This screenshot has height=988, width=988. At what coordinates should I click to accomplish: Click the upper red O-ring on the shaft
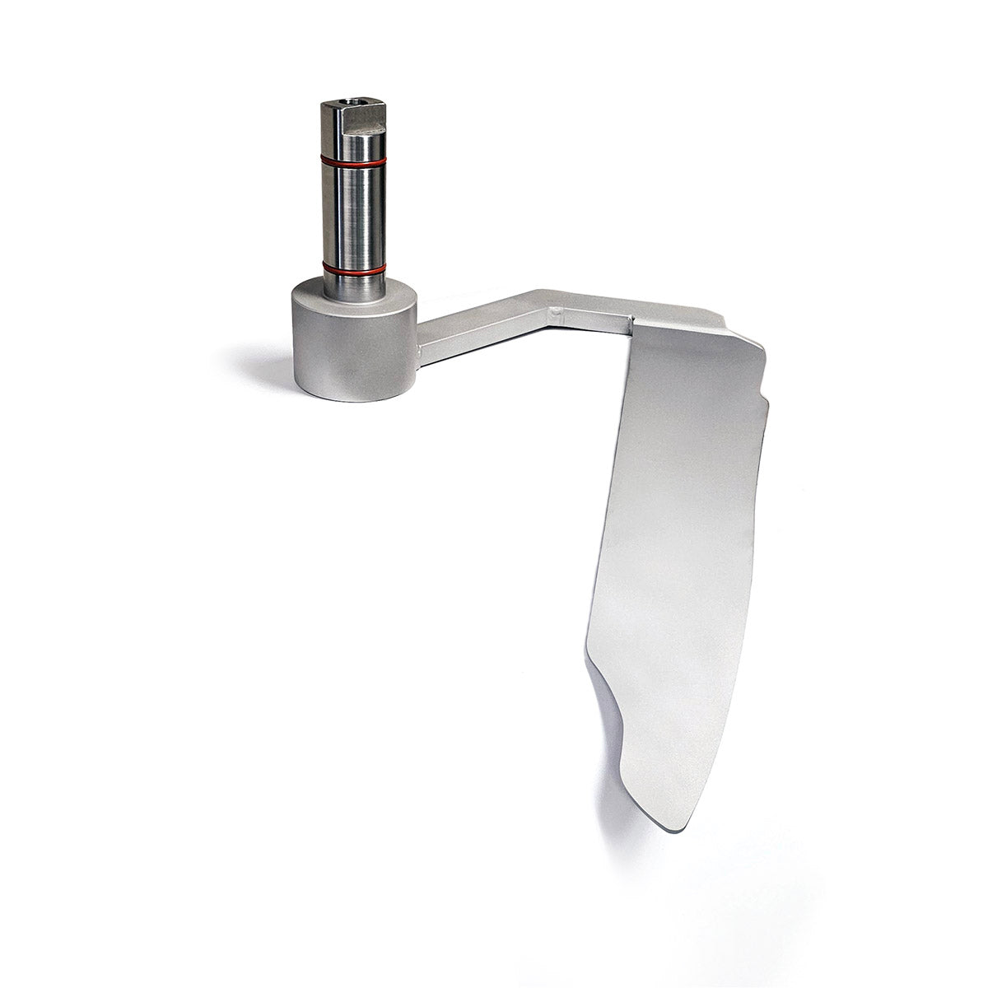click(352, 161)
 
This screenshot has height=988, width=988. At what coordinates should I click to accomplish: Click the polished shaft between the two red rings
click(352, 214)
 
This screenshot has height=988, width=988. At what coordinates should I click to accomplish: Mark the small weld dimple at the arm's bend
click(557, 313)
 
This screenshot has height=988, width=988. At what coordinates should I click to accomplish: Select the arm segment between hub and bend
click(478, 325)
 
